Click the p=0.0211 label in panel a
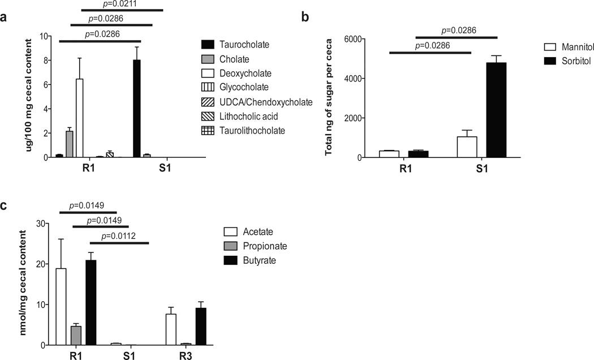122,4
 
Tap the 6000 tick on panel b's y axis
370,39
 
